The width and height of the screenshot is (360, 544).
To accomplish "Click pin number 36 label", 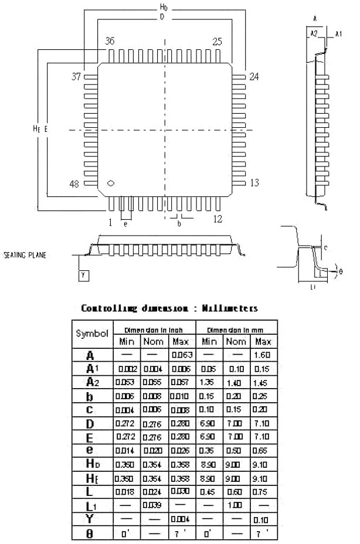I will click(x=110, y=42).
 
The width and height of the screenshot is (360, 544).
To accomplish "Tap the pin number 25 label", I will click(x=218, y=42).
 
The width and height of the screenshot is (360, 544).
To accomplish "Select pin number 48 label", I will click(x=74, y=184).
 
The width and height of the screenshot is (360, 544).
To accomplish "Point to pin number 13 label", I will click(x=254, y=183).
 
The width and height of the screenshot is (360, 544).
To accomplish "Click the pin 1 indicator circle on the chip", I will click(x=109, y=183).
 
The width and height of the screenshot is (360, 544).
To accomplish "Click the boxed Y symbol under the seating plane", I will click(x=83, y=274).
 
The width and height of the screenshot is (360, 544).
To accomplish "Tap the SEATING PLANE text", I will click(x=25, y=256).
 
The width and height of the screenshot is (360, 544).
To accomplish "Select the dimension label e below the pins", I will click(x=125, y=223).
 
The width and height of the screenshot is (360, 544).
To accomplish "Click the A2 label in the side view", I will click(x=314, y=33).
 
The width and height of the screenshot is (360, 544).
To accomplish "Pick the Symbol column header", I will click(x=92, y=334).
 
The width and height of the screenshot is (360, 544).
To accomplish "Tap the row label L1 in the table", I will click(x=91, y=505).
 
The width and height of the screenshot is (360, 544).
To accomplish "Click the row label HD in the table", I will click(x=91, y=463).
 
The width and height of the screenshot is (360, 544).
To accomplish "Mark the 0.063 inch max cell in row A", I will click(x=179, y=355).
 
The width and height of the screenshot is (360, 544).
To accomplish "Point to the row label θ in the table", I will click(x=91, y=534).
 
